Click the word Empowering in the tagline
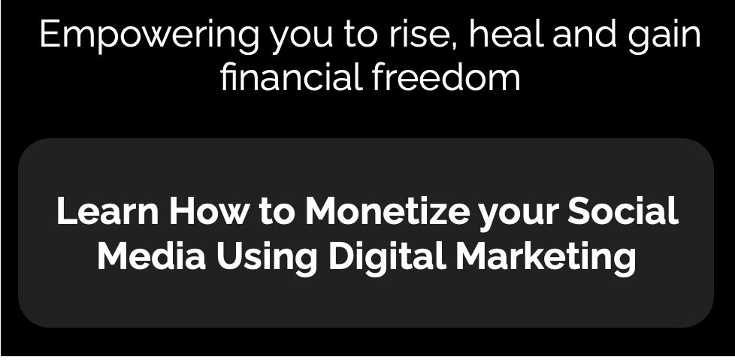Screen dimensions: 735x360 coord(149,36)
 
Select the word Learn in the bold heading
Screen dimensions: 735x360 coord(107,210)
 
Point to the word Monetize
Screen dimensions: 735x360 coord(387,210)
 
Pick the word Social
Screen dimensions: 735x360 coord(623,210)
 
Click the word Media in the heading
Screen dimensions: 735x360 coord(151,256)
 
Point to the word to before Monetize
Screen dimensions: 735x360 coord(277,211)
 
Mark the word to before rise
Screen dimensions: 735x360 coord(361,35)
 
